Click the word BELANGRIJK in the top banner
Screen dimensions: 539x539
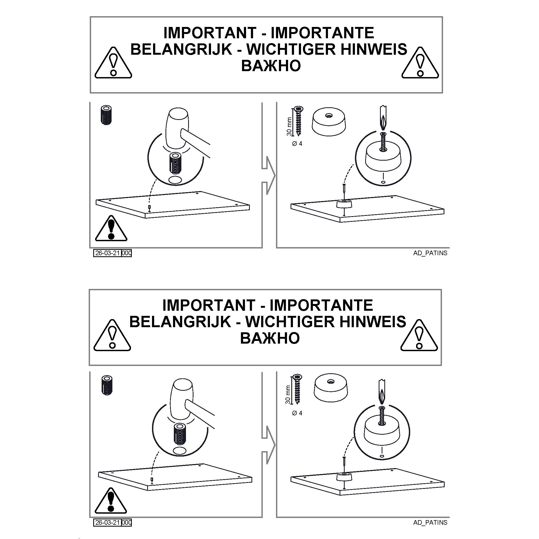pyautogui.click(x=181, y=49)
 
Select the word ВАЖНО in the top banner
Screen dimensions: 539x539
pyautogui.click(x=271, y=66)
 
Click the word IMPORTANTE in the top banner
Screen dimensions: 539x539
pyautogui.click(x=323, y=33)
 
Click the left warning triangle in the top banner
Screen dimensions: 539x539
pyautogui.click(x=113, y=63)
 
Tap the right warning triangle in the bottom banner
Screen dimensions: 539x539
pyautogui.click(x=419, y=335)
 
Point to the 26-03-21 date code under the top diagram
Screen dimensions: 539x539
pyautogui.click(x=108, y=253)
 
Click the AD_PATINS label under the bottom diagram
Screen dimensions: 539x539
pyautogui.click(x=430, y=523)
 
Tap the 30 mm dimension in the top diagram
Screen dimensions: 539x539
pyautogui.click(x=289, y=127)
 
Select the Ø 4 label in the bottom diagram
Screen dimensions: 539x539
pyautogui.click(x=297, y=413)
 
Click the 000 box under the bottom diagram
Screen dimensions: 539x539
pyautogui.click(x=126, y=523)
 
